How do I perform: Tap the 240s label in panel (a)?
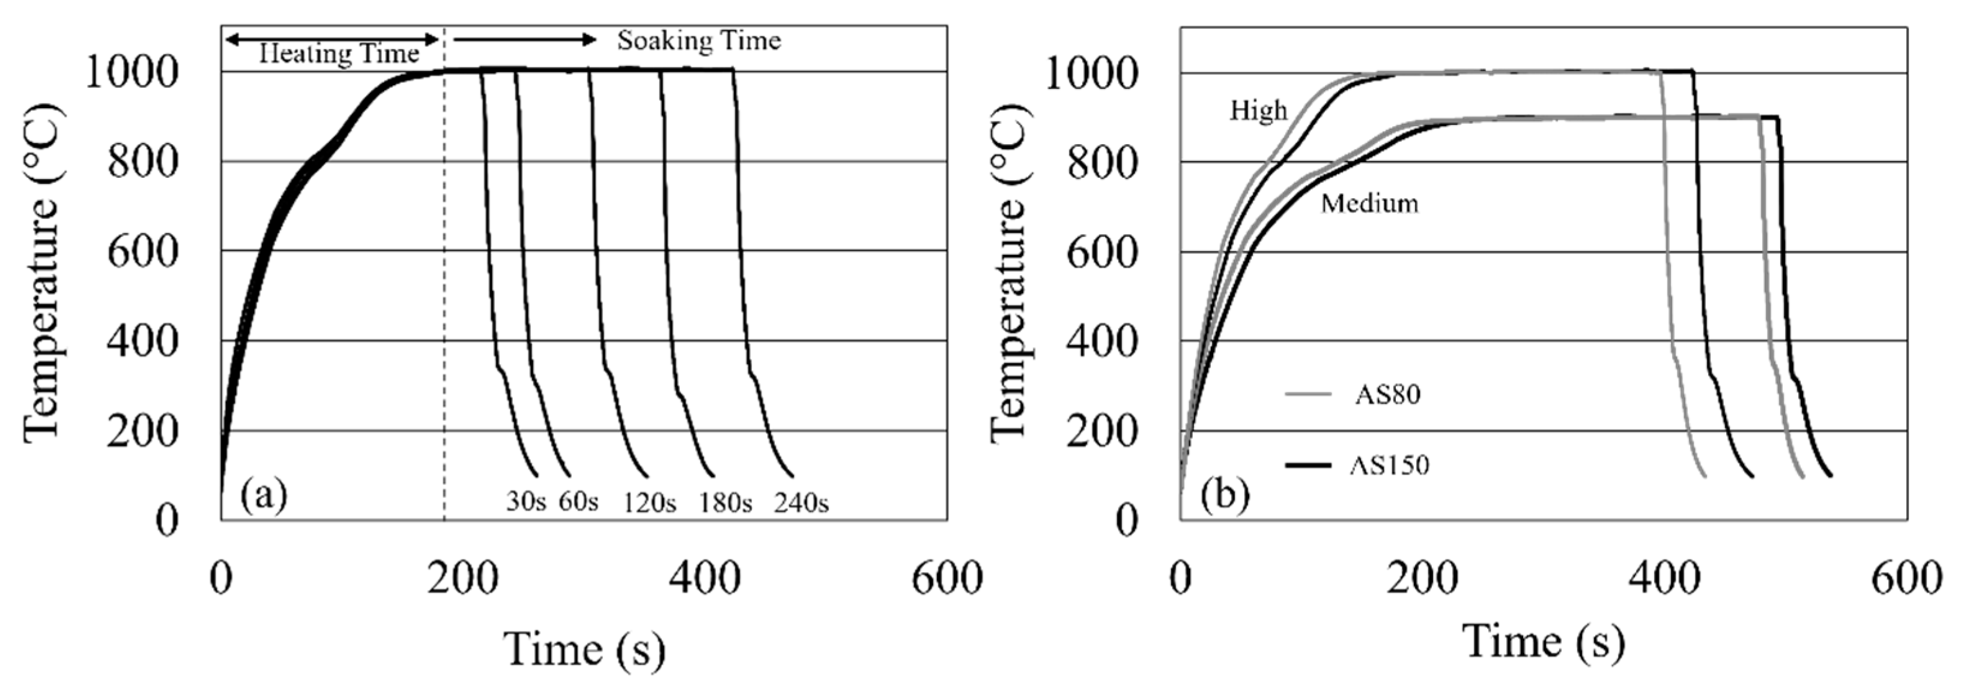click(801, 504)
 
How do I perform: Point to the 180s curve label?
click(725, 504)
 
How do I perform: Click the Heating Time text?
click(339, 54)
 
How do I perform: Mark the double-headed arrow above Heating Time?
click(332, 37)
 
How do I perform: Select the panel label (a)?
click(263, 495)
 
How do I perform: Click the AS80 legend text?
click(1387, 395)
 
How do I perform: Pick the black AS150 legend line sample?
click(1308, 464)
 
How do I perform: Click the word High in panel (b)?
click(1258, 111)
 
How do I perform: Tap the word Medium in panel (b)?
click(1369, 204)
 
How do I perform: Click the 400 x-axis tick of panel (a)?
click(704, 580)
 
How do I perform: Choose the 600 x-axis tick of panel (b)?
click(1906, 580)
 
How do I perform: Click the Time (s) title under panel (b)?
click(1543, 642)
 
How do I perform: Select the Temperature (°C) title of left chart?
click(42, 273)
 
